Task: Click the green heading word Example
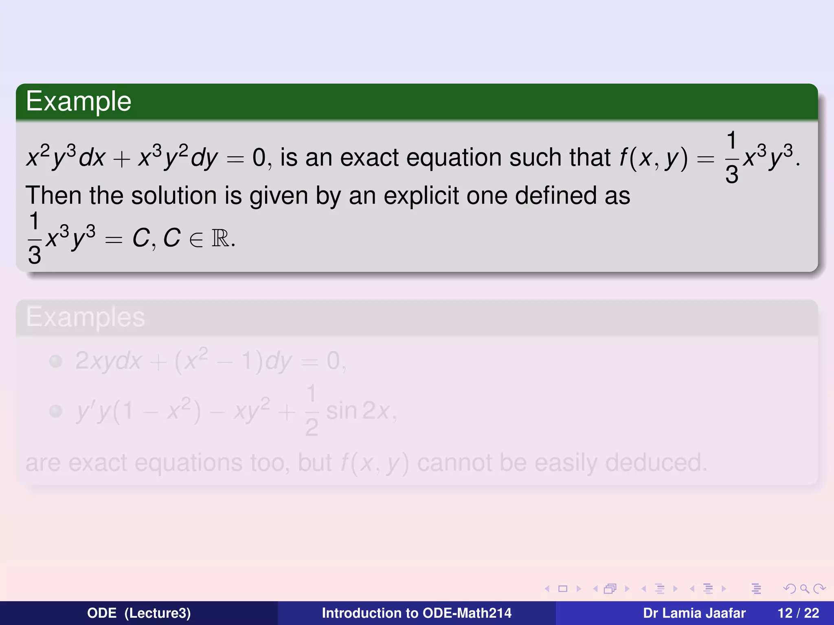[x=79, y=101]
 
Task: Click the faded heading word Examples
[x=86, y=317]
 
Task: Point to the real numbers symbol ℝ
[x=220, y=238]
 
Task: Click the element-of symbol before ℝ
[x=196, y=240]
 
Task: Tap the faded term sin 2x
[x=358, y=411]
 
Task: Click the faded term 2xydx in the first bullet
[x=108, y=361]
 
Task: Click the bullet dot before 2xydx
[x=55, y=361]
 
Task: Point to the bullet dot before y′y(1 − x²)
[x=55, y=411]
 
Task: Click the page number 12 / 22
[x=798, y=613]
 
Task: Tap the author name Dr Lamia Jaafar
[x=694, y=613]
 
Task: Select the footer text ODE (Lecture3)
[x=139, y=613]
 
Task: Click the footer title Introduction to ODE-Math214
[x=417, y=613]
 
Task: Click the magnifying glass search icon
[x=804, y=588]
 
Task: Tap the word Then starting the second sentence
[x=53, y=196]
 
